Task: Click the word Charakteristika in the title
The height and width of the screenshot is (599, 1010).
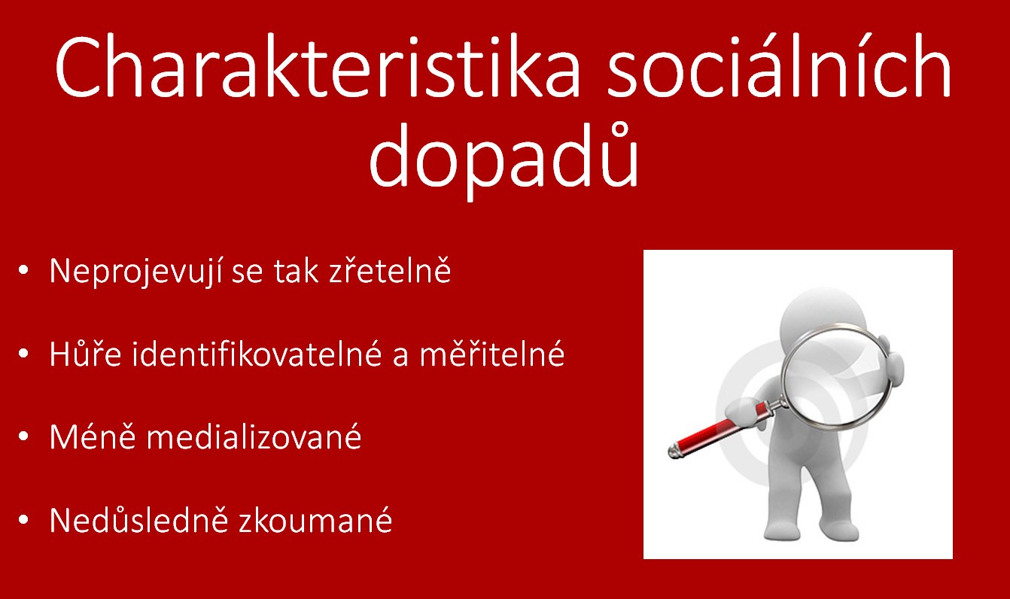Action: click(317, 67)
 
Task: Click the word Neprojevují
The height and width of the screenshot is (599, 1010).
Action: click(135, 272)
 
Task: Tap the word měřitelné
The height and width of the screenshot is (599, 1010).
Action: click(492, 353)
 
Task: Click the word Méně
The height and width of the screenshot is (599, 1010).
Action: click(93, 436)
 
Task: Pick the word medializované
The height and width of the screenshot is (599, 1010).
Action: click(254, 436)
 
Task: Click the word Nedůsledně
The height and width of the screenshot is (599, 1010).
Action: click(139, 519)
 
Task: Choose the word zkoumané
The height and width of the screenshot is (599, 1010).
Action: click(315, 519)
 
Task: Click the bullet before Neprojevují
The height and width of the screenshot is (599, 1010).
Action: click(23, 270)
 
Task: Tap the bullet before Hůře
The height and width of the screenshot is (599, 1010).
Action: click(23, 354)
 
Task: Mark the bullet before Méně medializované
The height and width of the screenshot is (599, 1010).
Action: click(23, 436)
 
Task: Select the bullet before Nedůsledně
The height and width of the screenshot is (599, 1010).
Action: click(23, 520)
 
